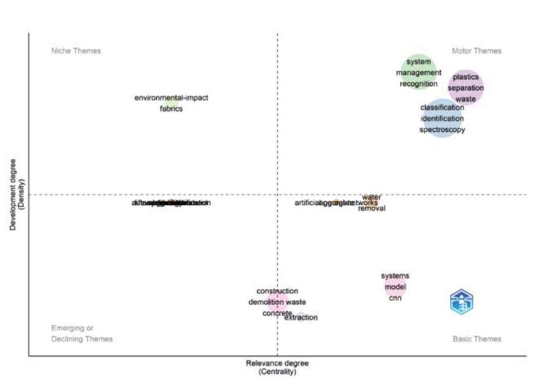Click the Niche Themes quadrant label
[76, 51]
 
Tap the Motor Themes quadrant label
[476, 51]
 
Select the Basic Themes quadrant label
[477, 339]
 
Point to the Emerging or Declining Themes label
[82, 333]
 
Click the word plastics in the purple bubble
[466, 77]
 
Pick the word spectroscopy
[442, 130]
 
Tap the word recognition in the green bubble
[418, 84]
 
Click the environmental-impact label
[171, 98]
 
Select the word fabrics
[171, 109]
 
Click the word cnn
[395, 298]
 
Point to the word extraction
[301, 318]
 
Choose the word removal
[372, 208]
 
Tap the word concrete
[277, 313]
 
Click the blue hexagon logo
[462, 301]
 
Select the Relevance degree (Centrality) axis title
[277, 367]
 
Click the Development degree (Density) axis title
[16, 194]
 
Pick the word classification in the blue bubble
[442, 108]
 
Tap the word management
[419, 73]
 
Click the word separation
[466, 88]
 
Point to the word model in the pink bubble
[395, 287]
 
